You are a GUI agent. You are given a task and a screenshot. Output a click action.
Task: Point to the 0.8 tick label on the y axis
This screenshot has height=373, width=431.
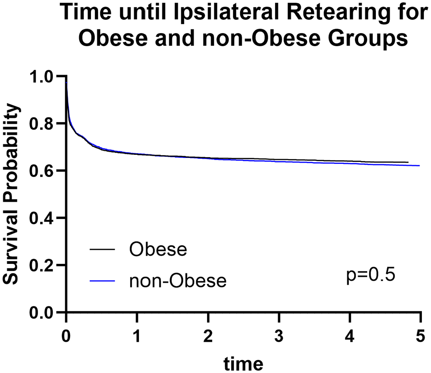(41, 124)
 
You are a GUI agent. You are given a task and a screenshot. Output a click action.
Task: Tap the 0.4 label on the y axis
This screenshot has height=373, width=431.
(41, 219)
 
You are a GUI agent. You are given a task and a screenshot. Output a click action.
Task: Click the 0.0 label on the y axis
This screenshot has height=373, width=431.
(41, 313)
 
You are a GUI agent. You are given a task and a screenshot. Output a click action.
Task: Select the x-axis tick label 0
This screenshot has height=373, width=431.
(66, 336)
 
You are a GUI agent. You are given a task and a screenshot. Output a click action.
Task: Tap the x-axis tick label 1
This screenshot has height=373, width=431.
(137, 336)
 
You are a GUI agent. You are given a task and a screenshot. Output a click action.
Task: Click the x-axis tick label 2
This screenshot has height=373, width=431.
(208, 336)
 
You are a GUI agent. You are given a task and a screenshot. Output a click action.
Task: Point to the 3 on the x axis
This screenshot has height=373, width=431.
(279, 336)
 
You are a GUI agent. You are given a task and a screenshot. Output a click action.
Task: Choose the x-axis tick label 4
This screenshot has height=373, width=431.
(350, 336)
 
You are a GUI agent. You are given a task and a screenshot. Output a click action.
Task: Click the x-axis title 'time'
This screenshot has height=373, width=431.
(243, 363)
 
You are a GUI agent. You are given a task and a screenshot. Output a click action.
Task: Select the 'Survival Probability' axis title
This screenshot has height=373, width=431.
(10, 194)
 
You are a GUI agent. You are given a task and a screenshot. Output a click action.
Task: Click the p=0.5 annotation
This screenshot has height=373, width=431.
(370, 275)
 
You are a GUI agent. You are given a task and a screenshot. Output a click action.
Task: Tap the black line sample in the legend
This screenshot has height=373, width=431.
(102, 249)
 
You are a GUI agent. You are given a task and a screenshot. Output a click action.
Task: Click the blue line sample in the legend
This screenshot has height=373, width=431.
(102, 281)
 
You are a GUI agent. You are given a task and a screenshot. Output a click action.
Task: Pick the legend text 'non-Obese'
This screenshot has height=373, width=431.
(178, 281)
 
